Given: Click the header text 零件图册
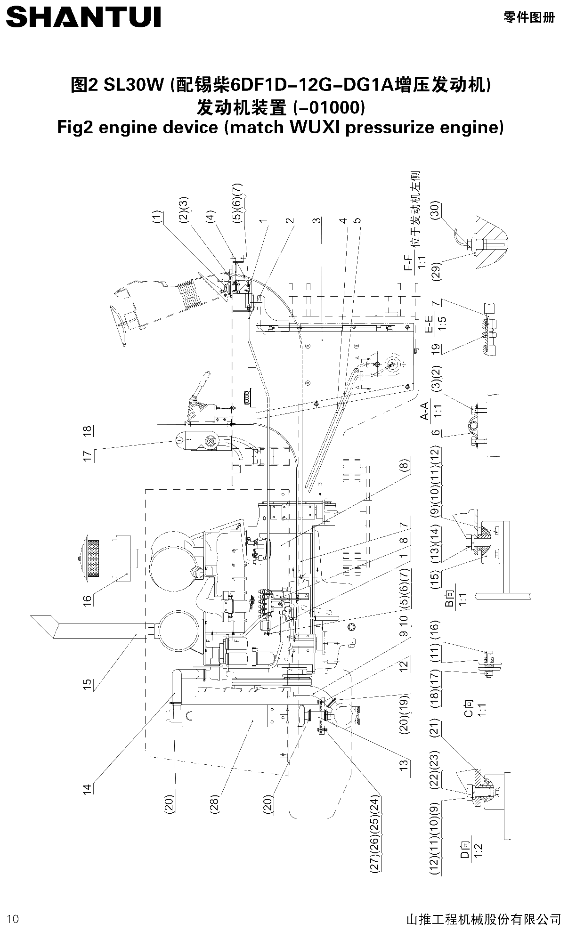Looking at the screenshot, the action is click(x=529, y=17).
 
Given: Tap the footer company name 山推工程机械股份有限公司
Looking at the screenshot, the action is click(x=483, y=918).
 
